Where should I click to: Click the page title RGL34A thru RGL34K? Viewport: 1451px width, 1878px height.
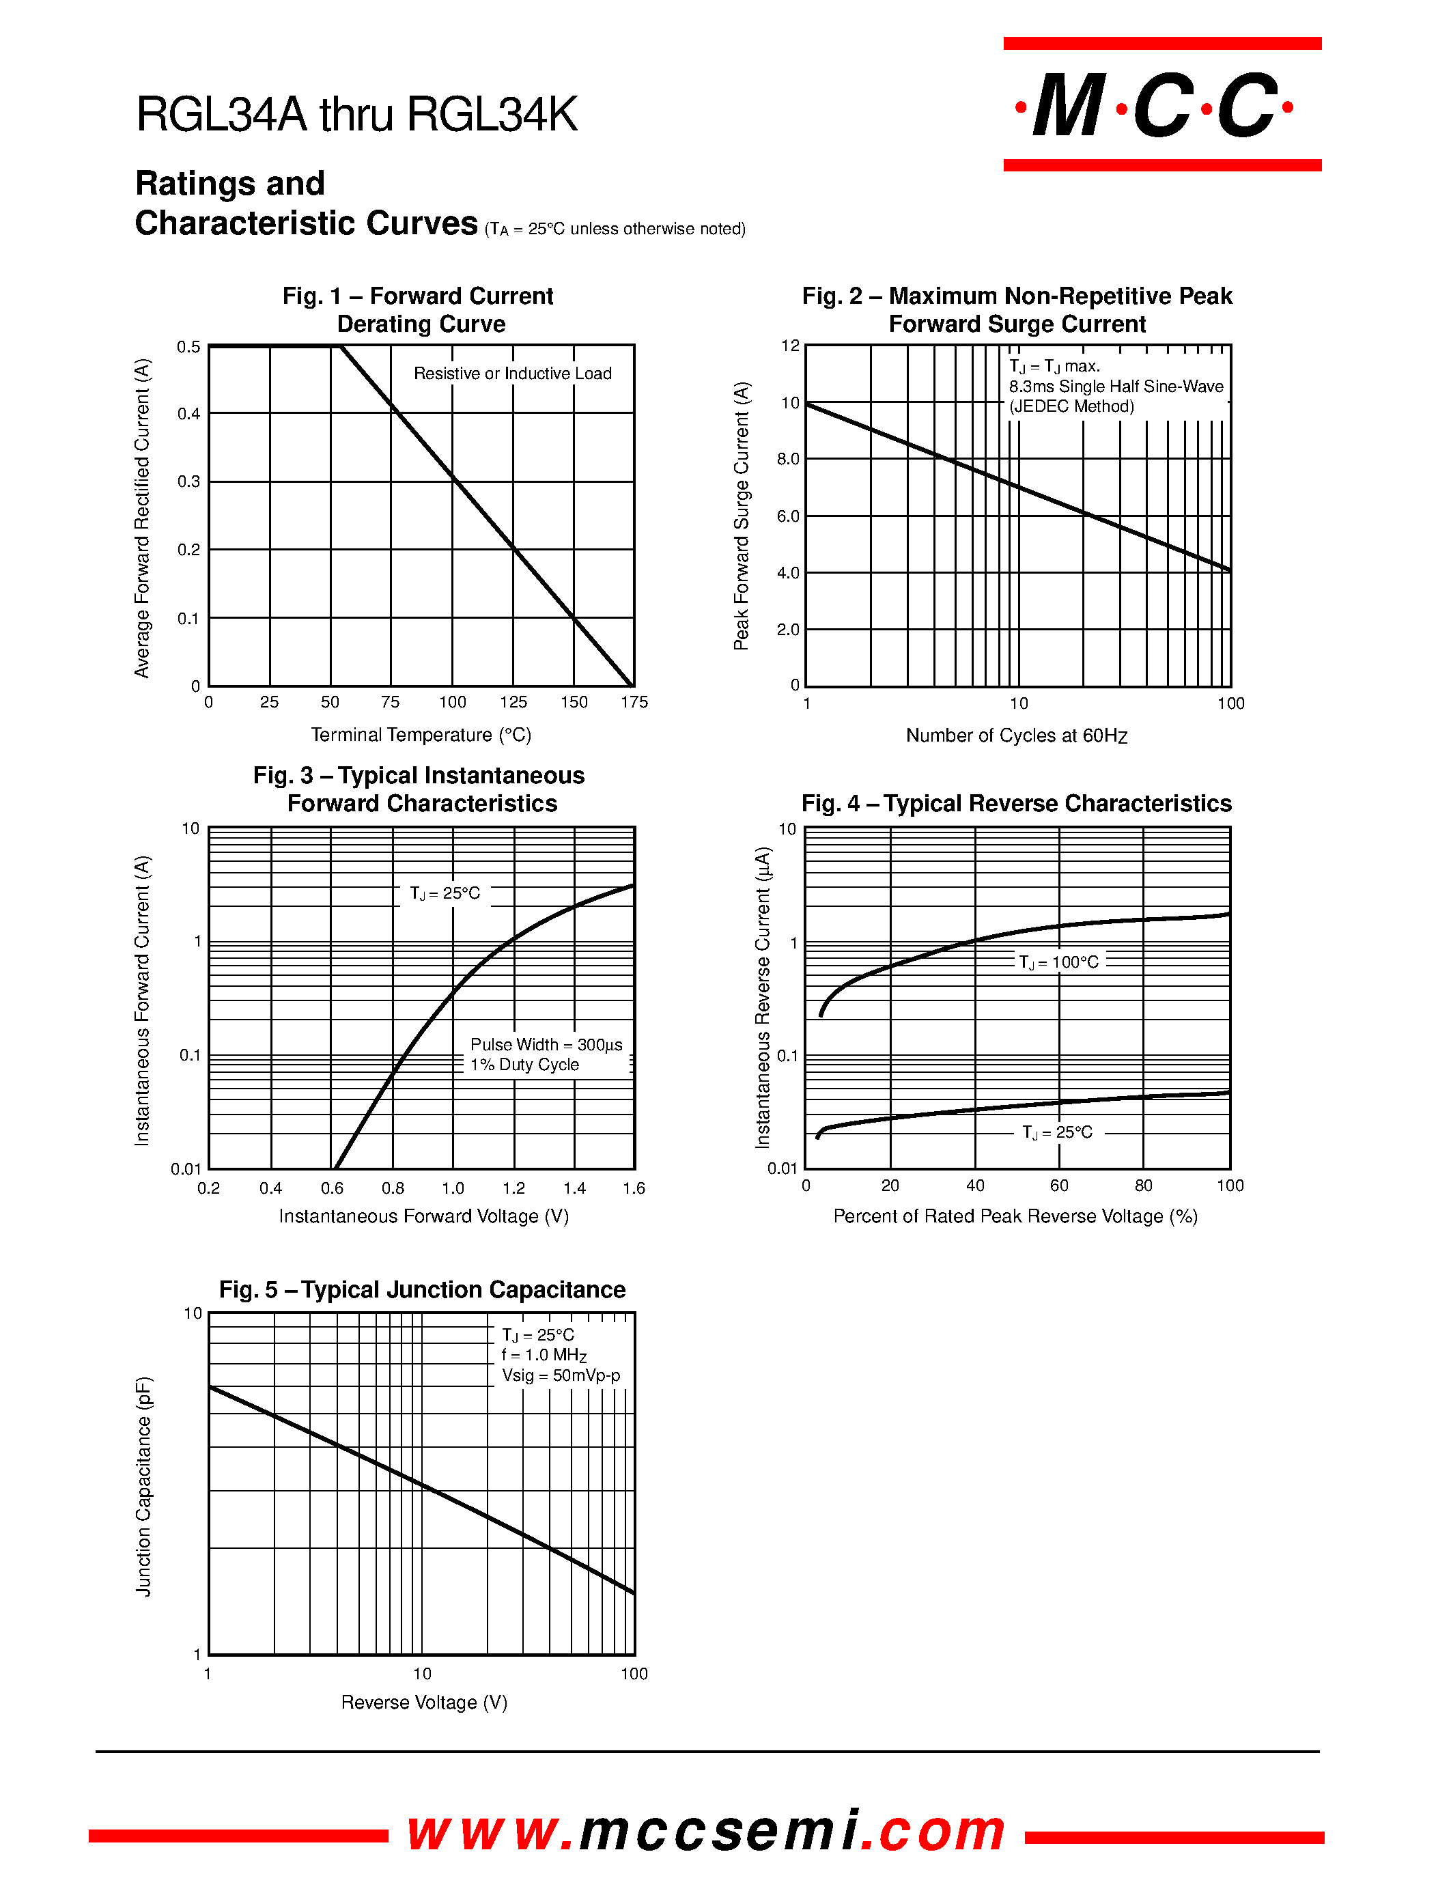(x=356, y=114)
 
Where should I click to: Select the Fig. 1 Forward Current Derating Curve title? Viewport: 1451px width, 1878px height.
(x=419, y=309)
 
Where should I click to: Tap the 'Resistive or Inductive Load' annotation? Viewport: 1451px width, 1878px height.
(x=512, y=373)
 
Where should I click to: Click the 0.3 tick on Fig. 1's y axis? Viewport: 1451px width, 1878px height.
(x=189, y=481)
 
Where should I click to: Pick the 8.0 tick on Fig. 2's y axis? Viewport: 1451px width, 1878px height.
(x=788, y=459)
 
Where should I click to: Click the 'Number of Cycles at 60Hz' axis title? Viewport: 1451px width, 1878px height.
(x=1016, y=736)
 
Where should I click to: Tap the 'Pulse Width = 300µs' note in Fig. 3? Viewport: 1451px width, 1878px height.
(x=546, y=1045)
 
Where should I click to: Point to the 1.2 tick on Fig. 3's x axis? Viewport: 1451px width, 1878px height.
(x=513, y=1188)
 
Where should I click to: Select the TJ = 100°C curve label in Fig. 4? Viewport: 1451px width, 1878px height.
(x=1058, y=962)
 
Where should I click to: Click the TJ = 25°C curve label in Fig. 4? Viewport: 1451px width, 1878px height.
(x=1056, y=1132)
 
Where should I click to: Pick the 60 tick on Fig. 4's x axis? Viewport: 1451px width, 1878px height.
(x=1059, y=1186)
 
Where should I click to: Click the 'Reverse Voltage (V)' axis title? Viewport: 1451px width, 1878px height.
(x=424, y=1702)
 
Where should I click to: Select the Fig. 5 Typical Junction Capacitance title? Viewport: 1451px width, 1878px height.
(x=422, y=1290)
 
